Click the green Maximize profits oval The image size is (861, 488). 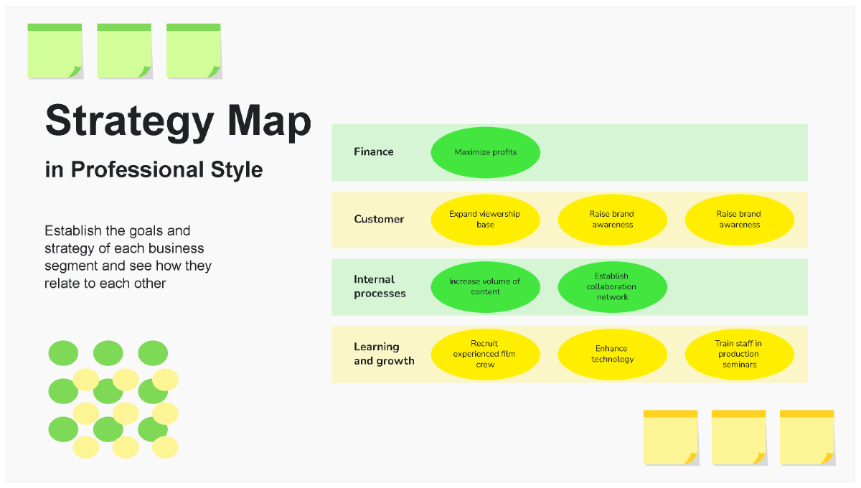point(485,152)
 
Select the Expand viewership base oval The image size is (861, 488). point(485,220)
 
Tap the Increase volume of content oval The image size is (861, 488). point(485,287)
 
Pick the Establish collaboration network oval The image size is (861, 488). point(612,287)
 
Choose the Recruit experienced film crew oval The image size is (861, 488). point(485,355)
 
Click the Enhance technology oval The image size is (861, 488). point(612,355)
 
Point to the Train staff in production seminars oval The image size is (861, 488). point(739,355)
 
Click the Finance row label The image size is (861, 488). point(373,152)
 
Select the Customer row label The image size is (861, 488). point(379,220)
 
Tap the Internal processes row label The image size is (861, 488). point(380,286)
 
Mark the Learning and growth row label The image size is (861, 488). point(384,354)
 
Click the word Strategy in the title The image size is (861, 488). point(129,121)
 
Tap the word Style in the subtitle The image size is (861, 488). point(236,170)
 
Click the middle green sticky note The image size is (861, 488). point(124,52)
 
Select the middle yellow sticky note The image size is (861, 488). point(738,438)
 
